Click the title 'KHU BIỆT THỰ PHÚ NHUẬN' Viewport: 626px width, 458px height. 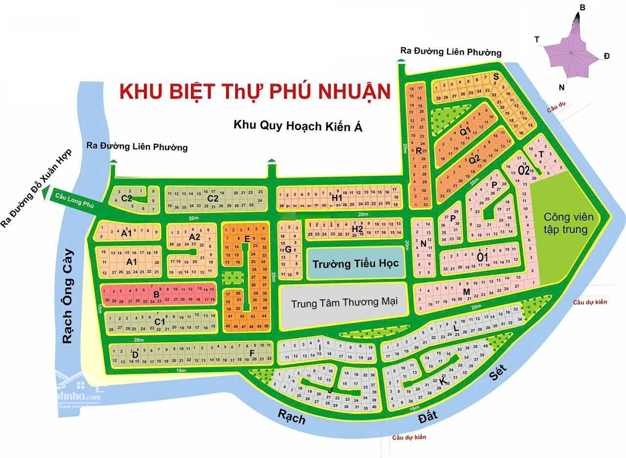[254, 92]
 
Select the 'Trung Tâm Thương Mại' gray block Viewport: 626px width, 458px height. [344, 304]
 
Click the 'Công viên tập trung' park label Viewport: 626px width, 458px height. [568, 223]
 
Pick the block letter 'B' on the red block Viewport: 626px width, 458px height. [156, 294]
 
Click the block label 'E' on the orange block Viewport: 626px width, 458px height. [248, 238]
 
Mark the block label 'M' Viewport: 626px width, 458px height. [466, 291]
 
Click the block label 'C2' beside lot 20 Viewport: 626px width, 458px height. [212, 198]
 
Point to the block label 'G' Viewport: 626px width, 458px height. [287, 249]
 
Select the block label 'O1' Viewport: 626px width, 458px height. [483, 257]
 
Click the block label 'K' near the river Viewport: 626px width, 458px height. [443, 382]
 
